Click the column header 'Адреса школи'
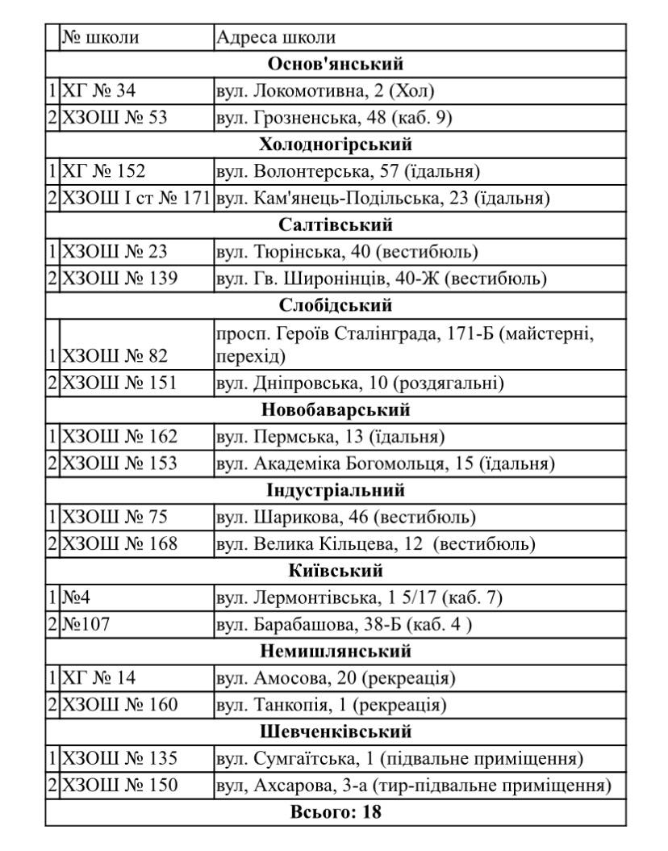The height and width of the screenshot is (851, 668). click(x=276, y=38)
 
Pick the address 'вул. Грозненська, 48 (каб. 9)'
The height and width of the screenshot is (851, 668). click(x=334, y=118)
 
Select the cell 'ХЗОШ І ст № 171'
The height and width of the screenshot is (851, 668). click(x=136, y=198)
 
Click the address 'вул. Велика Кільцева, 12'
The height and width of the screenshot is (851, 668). click(x=376, y=543)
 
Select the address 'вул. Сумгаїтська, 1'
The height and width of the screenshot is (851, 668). click(x=400, y=758)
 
